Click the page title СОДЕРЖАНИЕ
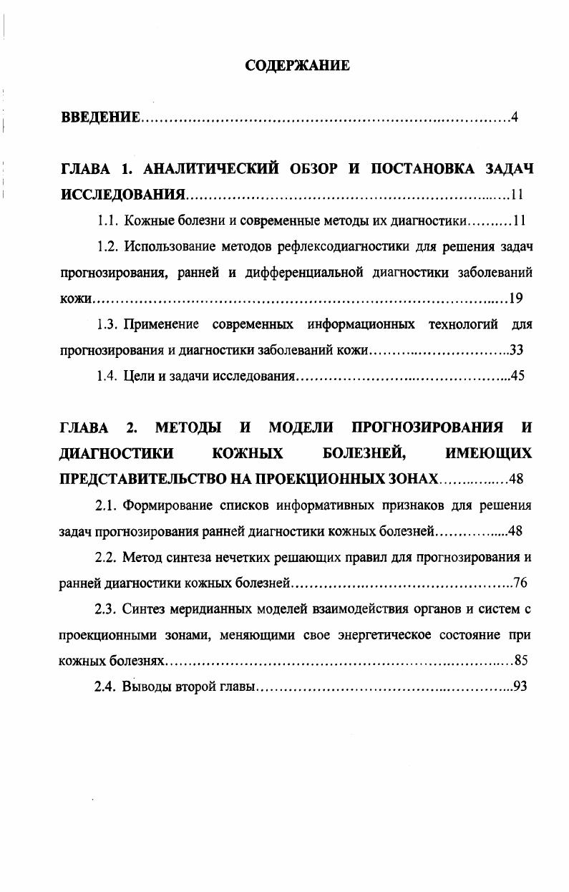point(297,66)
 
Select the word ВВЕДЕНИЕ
point(99,117)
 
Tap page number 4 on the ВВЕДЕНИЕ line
point(514,117)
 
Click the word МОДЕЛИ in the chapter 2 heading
point(301,428)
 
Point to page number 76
point(520,583)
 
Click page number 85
point(520,660)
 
